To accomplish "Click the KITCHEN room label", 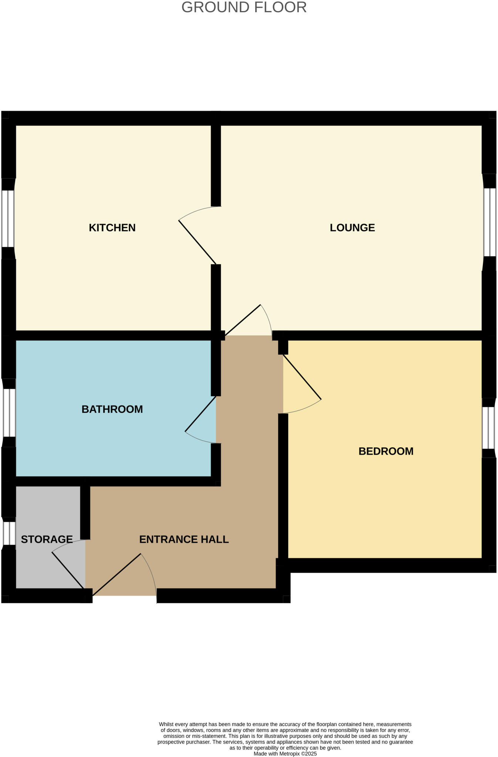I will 112,228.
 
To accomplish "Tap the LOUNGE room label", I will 352,228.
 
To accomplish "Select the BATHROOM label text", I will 112,409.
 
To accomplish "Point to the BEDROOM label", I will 386,451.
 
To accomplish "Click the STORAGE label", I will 47,539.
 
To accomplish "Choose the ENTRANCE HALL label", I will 184,539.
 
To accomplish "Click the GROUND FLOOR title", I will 244,7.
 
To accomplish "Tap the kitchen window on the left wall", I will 8,218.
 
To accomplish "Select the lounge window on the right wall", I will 489,222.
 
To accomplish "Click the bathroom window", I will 9,413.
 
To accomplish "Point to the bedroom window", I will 488,428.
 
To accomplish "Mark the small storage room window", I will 8,533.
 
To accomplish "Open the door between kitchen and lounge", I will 197,242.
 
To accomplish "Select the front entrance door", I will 117,574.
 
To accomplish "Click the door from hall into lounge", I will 243,320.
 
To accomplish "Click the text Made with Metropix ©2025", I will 285,754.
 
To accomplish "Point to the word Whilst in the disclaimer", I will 166,724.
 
